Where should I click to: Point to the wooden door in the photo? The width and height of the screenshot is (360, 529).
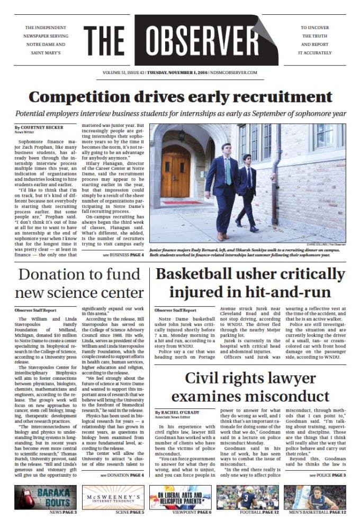(175, 175)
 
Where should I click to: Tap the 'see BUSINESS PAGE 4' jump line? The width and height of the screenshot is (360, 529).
(123, 255)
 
